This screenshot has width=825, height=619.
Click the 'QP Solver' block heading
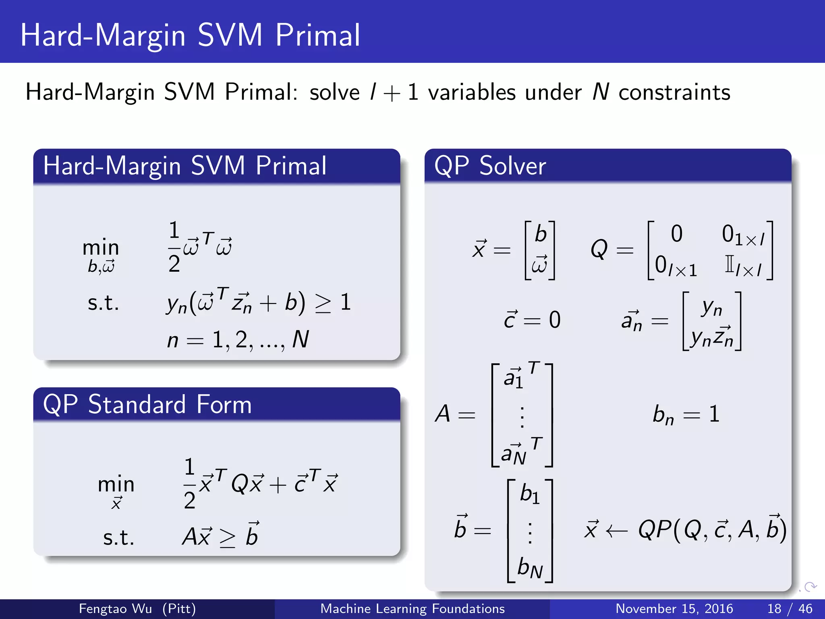(490, 166)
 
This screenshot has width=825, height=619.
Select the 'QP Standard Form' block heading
(147, 405)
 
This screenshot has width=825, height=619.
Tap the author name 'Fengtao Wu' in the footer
(115, 609)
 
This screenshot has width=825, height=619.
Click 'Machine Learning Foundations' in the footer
(412, 609)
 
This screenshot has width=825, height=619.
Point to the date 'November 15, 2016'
(674, 609)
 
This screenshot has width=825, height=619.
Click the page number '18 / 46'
(790, 609)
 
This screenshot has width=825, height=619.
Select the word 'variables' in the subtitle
(471, 93)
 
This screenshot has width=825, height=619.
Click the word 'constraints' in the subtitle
(674, 93)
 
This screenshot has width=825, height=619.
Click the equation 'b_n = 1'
(686, 414)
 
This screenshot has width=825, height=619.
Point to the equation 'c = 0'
(532, 320)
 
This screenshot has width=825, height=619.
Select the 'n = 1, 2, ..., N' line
(238, 340)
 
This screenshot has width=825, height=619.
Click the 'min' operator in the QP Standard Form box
(116, 484)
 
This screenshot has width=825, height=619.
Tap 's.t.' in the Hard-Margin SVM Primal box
(103, 303)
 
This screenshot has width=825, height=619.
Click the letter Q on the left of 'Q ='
(599, 249)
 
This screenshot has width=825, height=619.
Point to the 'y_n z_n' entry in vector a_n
(711, 338)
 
